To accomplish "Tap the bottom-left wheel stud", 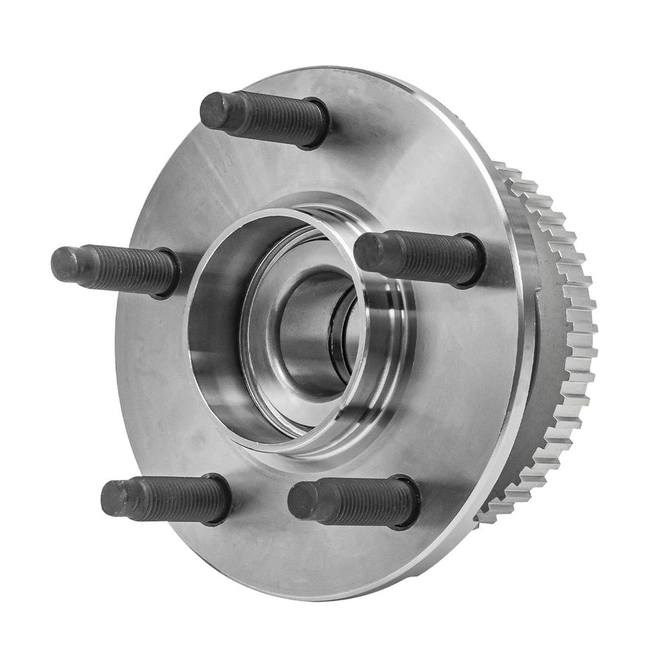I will coord(165,499).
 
